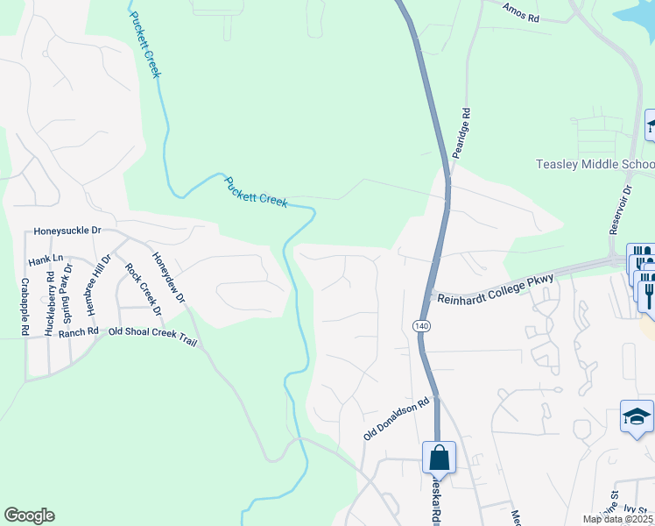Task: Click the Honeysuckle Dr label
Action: tap(67, 231)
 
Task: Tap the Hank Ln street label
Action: tap(46, 259)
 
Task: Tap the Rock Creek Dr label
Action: tap(144, 289)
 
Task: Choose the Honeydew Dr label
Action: tap(169, 278)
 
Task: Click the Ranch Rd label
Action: tap(79, 333)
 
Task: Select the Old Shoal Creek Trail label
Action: tap(152, 332)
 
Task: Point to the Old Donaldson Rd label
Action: tap(398, 419)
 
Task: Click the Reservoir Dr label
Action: tap(619, 208)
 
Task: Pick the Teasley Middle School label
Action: tap(595, 165)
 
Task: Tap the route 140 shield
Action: tap(424, 325)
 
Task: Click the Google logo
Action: tap(29, 515)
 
